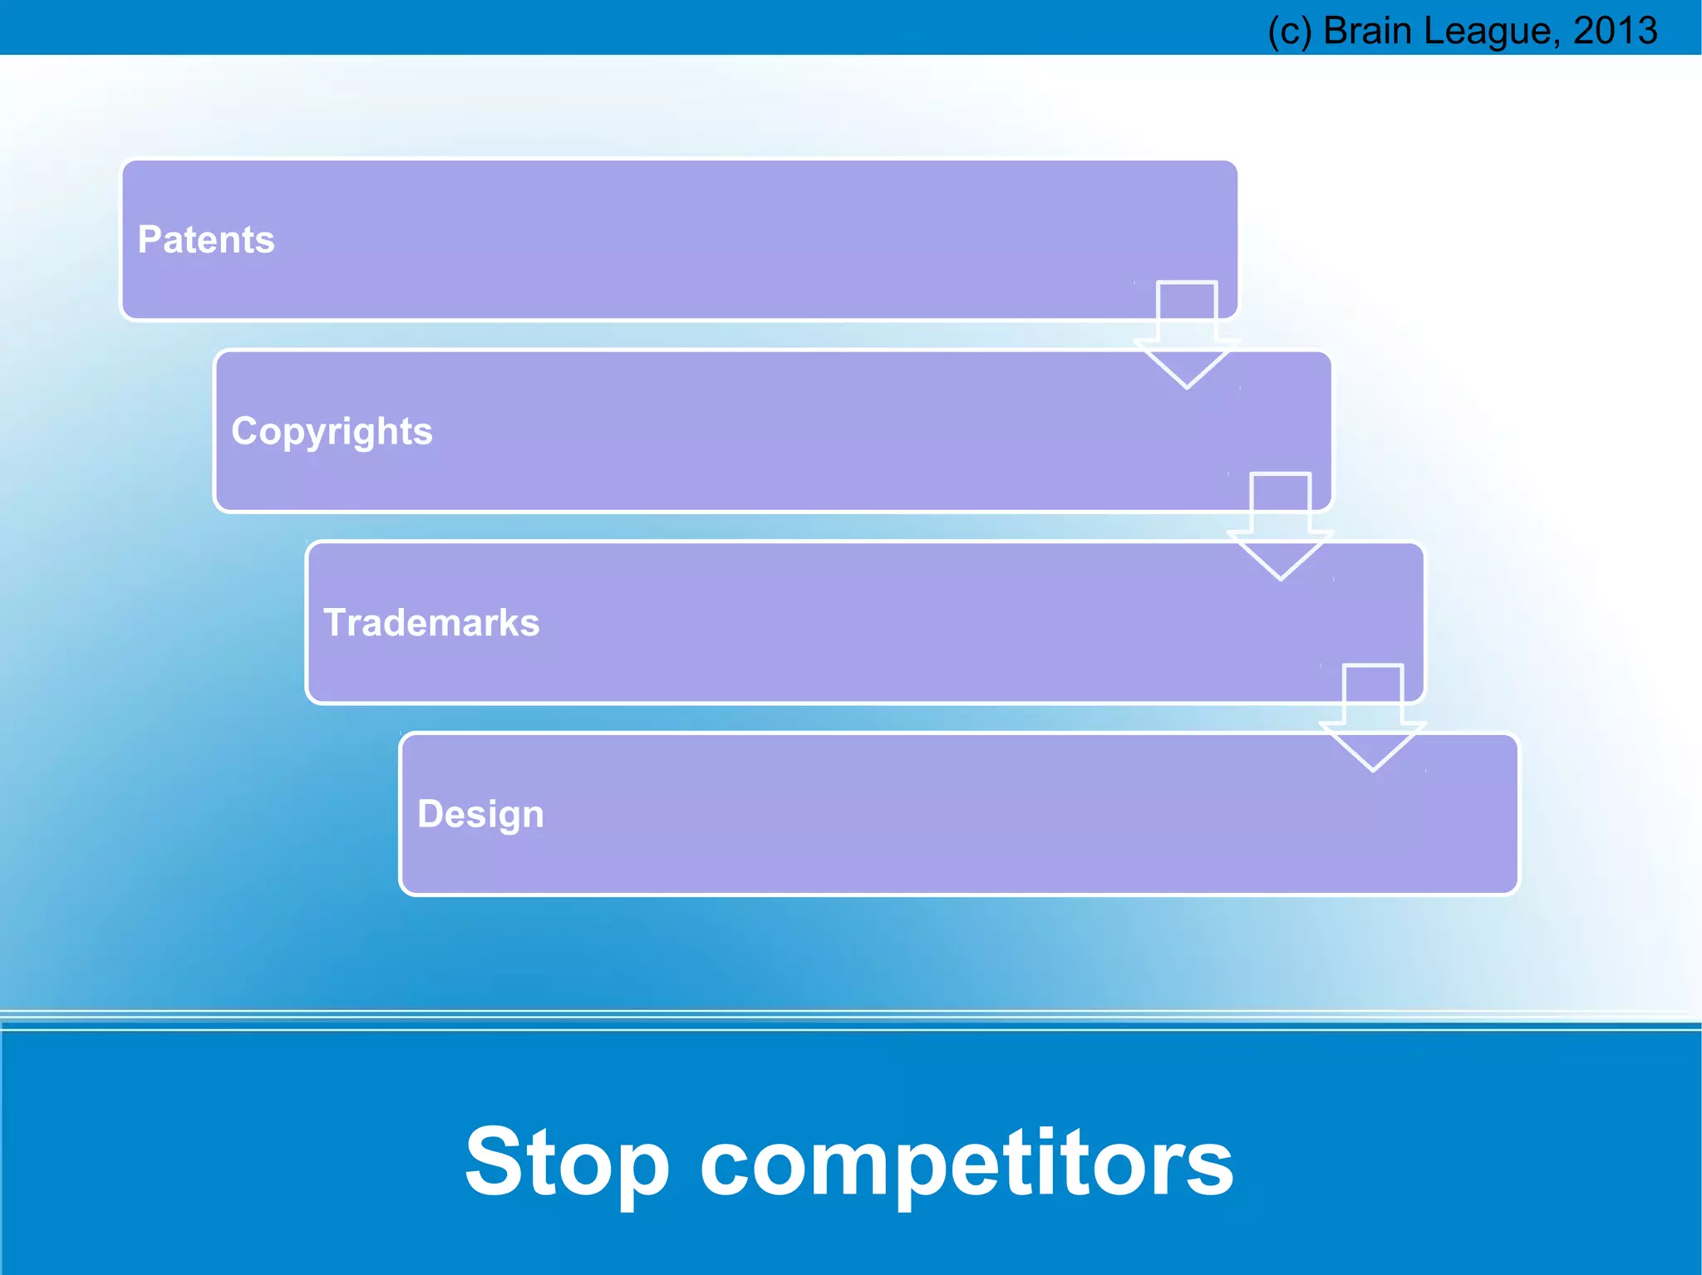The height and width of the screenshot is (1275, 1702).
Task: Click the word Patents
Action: [x=205, y=240]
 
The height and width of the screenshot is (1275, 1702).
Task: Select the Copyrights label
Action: [x=332, y=432]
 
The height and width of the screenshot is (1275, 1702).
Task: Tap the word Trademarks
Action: [x=431, y=623]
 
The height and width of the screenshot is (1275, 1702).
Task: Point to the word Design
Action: [x=480, y=814]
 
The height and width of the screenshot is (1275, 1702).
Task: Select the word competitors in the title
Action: [x=967, y=1163]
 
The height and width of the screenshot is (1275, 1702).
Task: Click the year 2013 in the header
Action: [x=1615, y=31]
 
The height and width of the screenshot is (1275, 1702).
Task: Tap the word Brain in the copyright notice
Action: [x=1367, y=31]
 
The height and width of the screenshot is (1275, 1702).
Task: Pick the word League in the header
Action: [x=1486, y=32]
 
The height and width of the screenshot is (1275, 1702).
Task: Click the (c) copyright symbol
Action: [x=1289, y=32]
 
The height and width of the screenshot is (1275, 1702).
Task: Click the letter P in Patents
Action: [x=149, y=239]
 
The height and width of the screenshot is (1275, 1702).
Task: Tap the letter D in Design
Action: [x=430, y=813]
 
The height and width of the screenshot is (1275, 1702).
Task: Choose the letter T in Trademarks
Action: [x=334, y=622]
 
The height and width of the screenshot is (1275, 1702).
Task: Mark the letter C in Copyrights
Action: [x=244, y=430]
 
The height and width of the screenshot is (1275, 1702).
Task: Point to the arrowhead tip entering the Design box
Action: [x=1373, y=769]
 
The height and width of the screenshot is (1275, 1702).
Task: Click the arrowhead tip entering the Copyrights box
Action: [x=1187, y=386]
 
